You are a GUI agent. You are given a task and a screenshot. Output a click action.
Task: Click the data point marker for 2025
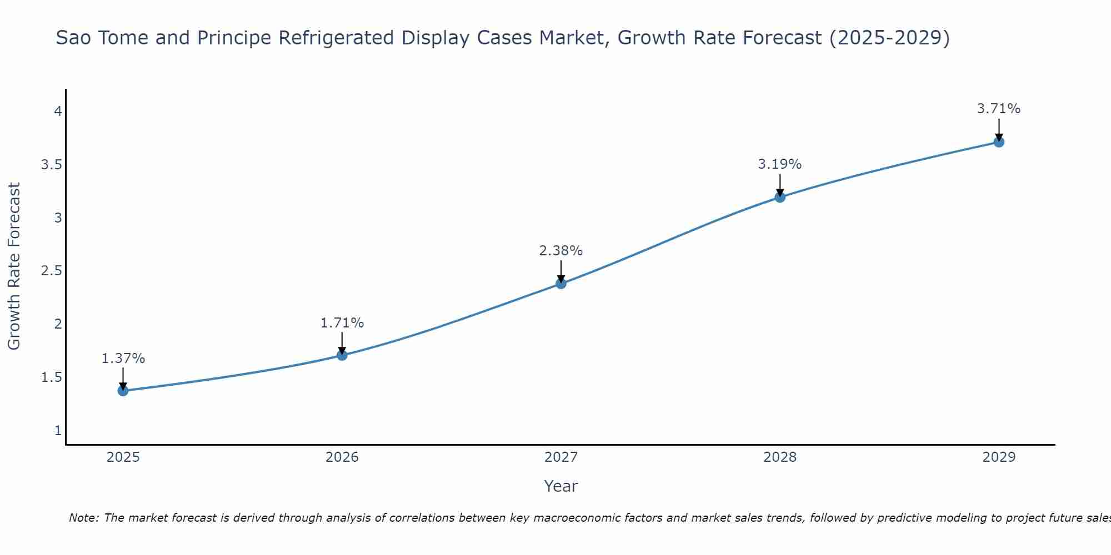(123, 391)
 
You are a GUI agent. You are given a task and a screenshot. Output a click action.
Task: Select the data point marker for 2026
(342, 355)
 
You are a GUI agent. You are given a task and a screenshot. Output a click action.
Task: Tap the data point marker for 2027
(561, 284)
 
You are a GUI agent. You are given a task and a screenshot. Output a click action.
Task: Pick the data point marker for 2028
(780, 197)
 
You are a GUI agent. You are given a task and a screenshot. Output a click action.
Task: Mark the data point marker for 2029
(999, 142)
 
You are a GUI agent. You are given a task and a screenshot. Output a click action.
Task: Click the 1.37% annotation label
(123, 359)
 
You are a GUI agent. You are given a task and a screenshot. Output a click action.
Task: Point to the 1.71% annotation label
(342, 323)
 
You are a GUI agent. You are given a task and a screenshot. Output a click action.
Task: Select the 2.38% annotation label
(561, 251)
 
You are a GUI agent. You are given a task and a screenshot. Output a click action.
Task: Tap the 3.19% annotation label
(780, 164)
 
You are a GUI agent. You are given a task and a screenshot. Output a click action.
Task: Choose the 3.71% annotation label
(999, 109)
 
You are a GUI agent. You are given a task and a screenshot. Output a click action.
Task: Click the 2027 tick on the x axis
(561, 457)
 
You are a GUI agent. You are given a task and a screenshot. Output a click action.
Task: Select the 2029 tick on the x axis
(999, 457)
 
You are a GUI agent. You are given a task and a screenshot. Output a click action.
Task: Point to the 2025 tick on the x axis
(123, 457)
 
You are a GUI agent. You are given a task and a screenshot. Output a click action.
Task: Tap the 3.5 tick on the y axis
(52, 165)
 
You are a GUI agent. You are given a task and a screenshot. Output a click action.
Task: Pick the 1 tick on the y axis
(58, 431)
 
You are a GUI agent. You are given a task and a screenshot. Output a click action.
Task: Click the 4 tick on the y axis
(58, 112)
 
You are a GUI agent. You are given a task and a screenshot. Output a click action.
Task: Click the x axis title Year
(561, 486)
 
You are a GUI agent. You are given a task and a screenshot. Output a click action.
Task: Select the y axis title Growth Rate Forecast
(14, 266)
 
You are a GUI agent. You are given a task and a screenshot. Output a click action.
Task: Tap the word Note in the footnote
(83, 518)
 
